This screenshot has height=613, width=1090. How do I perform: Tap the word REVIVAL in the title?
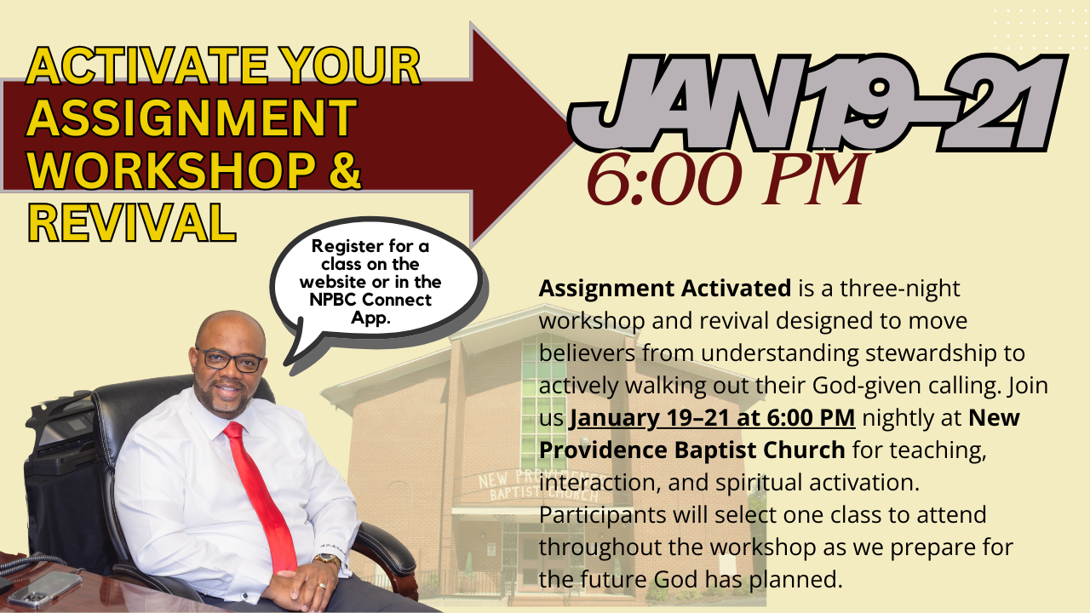tap(132, 221)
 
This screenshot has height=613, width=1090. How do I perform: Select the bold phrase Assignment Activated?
tap(664, 289)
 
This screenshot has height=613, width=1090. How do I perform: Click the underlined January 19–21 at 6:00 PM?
tap(712, 418)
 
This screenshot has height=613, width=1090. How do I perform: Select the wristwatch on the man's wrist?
tap(326, 560)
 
